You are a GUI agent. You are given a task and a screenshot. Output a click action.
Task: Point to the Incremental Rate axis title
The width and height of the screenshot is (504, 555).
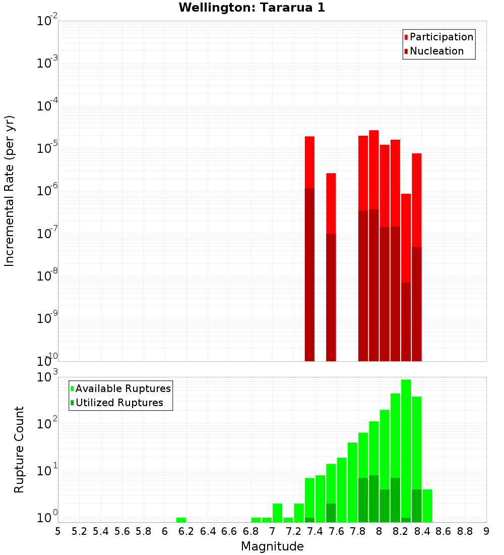tap(10, 191)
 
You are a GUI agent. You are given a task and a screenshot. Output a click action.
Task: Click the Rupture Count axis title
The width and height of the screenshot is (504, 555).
tap(19, 450)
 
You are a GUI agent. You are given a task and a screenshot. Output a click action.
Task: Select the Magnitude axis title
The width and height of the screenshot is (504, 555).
tap(272, 546)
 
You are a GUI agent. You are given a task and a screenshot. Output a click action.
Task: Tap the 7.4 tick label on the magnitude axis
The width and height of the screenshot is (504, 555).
tap(314, 531)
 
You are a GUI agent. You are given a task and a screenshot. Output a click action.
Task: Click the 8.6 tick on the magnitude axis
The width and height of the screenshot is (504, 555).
tap(444, 531)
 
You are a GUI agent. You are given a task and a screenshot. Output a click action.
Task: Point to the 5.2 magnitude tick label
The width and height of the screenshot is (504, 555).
tap(79, 531)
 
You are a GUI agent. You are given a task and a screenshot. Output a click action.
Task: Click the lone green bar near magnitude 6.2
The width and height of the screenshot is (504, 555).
tap(181, 520)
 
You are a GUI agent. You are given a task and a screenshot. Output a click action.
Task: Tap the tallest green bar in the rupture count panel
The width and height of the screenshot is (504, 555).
tap(406, 449)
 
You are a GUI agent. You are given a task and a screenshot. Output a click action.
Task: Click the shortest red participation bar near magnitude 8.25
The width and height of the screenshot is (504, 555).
tap(406, 237)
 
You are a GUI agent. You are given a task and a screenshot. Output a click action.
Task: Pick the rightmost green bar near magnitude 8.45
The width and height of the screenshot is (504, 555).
tap(427, 505)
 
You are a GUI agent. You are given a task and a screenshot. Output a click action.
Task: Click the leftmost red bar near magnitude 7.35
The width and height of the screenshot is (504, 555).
tap(309, 161)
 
